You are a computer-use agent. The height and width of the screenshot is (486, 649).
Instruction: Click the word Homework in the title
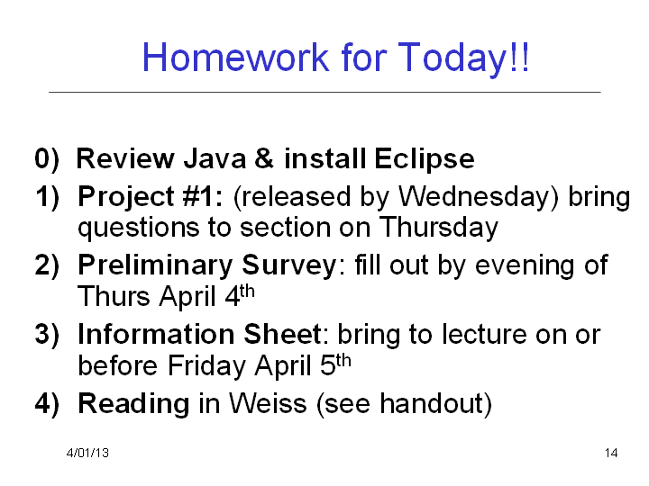pos(236,57)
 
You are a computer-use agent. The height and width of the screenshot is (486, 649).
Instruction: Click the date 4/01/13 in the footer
pos(87,453)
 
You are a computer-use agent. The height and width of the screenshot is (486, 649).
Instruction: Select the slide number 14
pos(611,453)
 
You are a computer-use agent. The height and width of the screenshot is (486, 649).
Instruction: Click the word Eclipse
pos(425,160)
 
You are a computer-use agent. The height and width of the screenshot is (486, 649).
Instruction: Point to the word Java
pos(215,158)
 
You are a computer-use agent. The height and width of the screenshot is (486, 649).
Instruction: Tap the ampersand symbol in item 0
pos(264,158)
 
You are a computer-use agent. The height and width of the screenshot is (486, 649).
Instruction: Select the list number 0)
pos(47,159)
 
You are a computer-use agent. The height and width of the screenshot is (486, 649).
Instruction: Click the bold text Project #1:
pos(151,196)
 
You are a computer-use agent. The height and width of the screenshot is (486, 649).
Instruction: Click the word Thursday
pos(439,229)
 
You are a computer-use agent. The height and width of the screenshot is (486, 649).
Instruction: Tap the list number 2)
pos(47,265)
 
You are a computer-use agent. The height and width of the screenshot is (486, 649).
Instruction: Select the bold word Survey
pos(289,266)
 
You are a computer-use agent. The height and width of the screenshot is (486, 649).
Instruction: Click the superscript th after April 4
pos(247,292)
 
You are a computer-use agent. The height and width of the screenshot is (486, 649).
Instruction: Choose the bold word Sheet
pos(283,334)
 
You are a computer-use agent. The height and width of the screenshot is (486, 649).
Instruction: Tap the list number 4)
pos(47,404)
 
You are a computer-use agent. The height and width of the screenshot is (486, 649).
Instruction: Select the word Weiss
pos(268,404)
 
